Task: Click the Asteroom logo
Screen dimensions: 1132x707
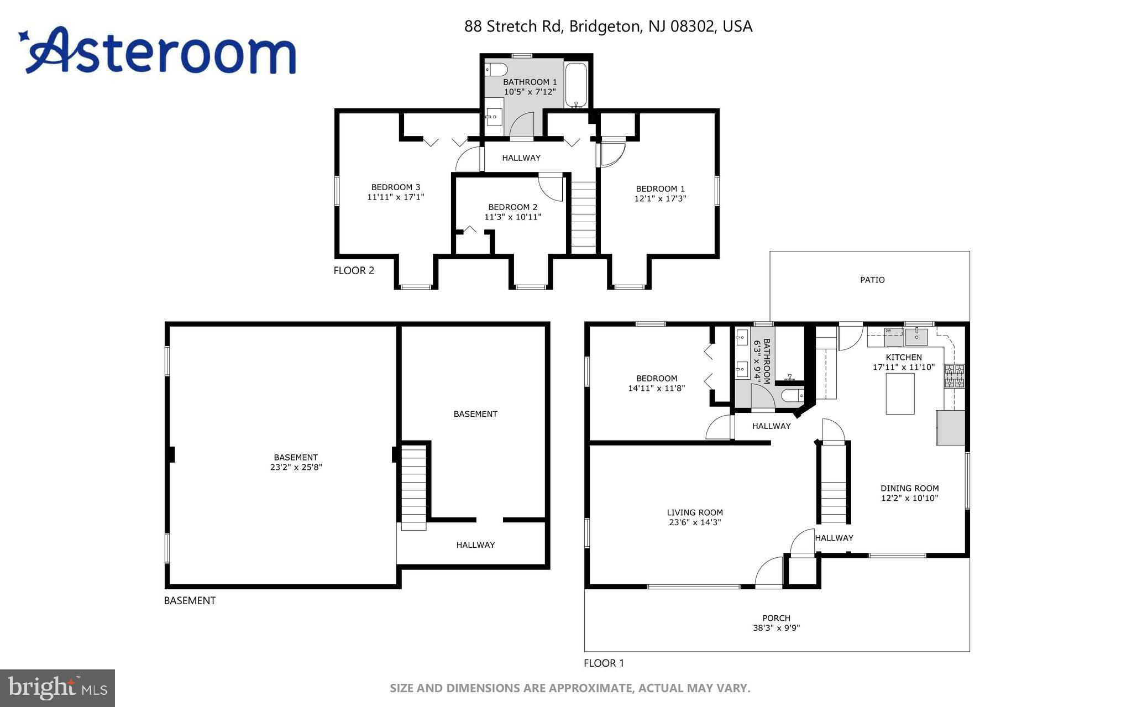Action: (x=158, y=51)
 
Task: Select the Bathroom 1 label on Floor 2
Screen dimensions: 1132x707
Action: (x=530, y=82)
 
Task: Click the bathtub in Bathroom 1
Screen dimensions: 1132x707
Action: (x=576, y=85)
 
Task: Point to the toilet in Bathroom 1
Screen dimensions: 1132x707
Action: (x=496, y=70)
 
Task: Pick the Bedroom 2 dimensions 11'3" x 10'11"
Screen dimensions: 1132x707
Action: (x=512, y=217)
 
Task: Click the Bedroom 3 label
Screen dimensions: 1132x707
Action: (x=396, y=187)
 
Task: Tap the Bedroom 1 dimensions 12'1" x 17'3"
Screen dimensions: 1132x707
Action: (x=660, y=198)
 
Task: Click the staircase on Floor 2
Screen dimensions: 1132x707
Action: (x=583, y=216)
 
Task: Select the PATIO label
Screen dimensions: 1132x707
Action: (x=872, y=280)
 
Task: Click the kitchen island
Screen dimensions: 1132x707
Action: (x=900, y=394)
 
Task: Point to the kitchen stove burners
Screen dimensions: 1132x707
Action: (x=954, y=376)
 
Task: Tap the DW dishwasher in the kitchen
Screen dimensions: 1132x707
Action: (x=893, y=337)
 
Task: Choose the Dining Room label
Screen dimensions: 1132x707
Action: (x=909, y=488)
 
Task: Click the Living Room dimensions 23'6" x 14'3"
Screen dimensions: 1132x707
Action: (x=695, y=522)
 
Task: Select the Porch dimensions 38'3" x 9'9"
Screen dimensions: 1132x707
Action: (x=777, y=628)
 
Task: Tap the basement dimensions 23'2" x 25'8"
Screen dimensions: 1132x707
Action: (x=296, y=467)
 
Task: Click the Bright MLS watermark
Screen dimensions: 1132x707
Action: (x=57, y=688)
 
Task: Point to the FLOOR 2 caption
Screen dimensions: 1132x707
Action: (x=354, y=270)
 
